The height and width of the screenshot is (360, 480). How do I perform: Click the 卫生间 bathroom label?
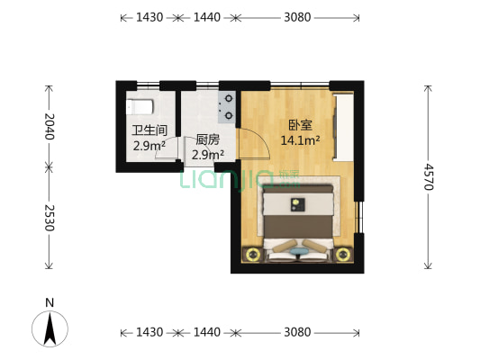pos(149,130)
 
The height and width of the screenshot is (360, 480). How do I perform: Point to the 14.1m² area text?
pos(301,140)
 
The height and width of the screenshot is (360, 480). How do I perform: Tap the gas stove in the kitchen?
pos(228,106)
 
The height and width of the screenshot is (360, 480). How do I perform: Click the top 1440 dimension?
pos(207,17)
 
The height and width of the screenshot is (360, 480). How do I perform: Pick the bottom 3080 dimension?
pos(297,332)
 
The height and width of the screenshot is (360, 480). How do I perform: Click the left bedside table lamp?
pos(251,255)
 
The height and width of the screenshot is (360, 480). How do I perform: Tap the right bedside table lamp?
pos(342,255)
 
